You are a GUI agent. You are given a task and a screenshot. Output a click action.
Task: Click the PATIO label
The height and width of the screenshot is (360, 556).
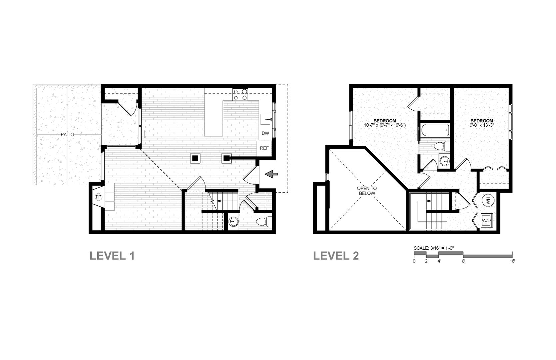click(67, 134)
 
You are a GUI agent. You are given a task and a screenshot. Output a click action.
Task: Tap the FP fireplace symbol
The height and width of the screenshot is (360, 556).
click(99, 197)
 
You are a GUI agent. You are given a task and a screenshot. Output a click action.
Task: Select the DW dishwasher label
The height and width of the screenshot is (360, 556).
click(266, 133)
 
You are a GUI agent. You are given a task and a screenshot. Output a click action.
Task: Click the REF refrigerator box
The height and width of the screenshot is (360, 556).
click(264, 148)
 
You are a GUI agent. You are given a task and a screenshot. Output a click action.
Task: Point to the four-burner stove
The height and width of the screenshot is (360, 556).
click(240, 94)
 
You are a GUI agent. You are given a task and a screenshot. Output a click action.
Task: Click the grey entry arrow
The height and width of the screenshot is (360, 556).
click(271, 174)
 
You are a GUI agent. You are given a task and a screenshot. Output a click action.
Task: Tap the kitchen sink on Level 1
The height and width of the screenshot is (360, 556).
click(266, 120)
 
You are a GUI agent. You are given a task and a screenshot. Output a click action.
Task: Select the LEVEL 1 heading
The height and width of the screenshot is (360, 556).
click(112, 256)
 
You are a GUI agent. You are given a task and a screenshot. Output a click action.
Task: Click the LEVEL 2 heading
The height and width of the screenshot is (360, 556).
click(336, 256)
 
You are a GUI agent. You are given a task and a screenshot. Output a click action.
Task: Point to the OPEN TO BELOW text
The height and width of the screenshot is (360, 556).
click(366, 191)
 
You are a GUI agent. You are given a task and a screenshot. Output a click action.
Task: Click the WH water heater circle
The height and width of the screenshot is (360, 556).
click(487, 200)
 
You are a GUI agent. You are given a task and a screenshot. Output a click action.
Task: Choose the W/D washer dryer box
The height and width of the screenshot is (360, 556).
click(486, 220)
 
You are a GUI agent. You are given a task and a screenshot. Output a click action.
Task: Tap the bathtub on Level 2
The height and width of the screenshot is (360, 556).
click(435, 130)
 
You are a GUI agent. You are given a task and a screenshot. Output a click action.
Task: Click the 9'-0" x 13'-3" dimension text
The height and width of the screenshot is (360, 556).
click(482, 125)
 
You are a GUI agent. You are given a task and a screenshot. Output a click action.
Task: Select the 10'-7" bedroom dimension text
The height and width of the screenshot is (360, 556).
click(385, 125)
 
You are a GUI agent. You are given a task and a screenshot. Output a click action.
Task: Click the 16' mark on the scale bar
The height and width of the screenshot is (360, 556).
click(512, 261)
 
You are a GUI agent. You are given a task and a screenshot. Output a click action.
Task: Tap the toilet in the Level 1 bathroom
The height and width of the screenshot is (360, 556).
click(264, 222)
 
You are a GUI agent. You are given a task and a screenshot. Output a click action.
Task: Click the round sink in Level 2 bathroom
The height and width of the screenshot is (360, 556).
click(444, 161)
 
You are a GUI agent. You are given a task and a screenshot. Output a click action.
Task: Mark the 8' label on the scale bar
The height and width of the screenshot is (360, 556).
click(463, 261)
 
